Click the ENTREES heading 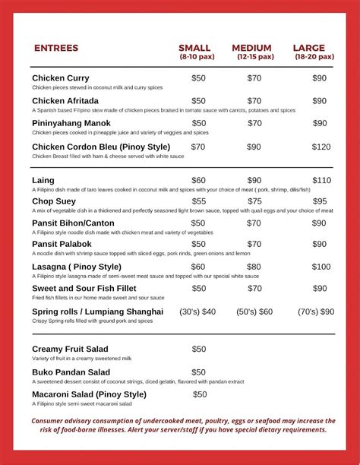(56, 49)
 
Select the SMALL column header (194, 48)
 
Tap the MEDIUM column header (251, 48)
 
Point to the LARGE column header (309, 48)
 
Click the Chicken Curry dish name (61, 77)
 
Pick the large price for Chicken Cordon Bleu (321, 147)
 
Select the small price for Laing (198, 180)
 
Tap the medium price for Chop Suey (254, 201)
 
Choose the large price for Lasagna (321, 267)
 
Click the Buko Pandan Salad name (71, 372)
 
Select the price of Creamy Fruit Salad (198, 349)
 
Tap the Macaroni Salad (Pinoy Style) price (200, 394)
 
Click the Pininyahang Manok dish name (71, 122)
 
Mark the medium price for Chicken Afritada (254, 100)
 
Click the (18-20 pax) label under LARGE (314, 57)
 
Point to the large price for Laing (321, 180)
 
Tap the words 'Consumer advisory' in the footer (64, 421)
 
